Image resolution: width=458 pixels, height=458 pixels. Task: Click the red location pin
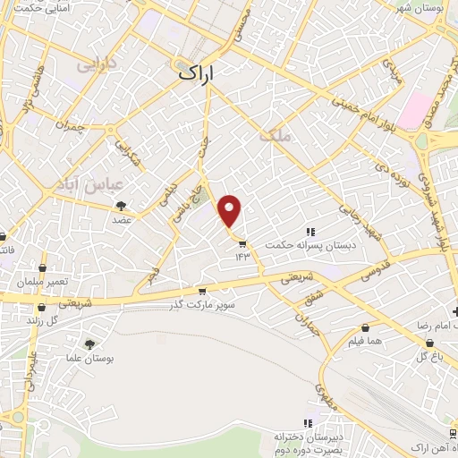pos(230,211)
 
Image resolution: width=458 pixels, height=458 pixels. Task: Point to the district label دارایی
pos(98,64)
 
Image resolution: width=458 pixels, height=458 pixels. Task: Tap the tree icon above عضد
pos(120,207)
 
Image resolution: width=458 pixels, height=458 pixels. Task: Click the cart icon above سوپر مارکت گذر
pos(202,291)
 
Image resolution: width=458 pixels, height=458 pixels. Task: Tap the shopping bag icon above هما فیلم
pos(367,327)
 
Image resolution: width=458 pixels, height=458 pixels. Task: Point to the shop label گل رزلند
pos(41,319)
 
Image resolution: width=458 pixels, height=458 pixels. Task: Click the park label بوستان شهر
pos(424,8)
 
